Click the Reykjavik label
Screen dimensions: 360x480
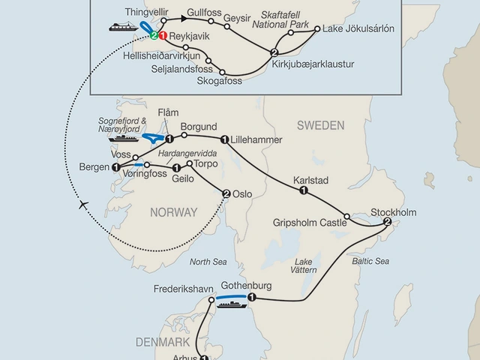coord(188,36)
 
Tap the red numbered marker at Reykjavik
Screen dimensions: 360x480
coord(162,35)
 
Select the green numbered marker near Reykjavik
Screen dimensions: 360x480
coord(153,35)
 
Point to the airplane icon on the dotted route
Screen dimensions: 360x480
coord(82,205)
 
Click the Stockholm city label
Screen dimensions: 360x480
coord(394,212)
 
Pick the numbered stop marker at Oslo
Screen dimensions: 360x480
coord(226,193)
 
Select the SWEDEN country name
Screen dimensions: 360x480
coord(319,125)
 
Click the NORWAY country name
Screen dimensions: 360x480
coord(173,212)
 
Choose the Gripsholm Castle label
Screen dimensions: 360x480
coord(310,223)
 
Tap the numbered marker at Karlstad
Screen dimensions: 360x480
coord(304,191)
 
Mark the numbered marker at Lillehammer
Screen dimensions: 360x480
coord(224,139)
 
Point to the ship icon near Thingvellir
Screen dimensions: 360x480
coord(122,26)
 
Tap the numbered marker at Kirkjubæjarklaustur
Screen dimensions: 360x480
coord(274,52)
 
